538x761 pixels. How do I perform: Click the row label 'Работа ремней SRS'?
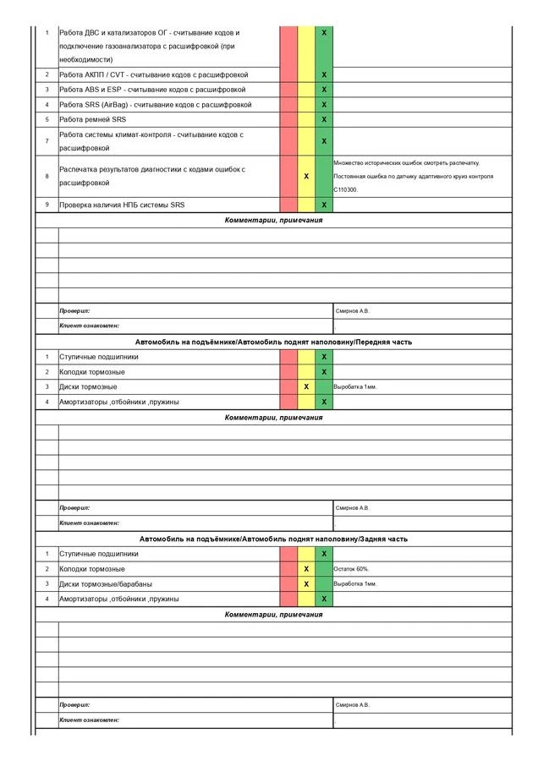92,119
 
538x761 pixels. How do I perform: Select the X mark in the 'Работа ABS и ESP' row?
324,90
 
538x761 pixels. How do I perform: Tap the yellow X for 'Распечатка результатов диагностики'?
306,176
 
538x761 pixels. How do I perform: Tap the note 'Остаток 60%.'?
352,569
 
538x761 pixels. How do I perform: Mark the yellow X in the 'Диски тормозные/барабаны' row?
306,584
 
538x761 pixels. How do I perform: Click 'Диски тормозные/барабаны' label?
106,584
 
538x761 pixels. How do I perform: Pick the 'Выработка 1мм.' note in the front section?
355,386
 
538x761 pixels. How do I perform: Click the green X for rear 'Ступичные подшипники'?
324,554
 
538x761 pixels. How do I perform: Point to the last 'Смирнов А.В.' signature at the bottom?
353,704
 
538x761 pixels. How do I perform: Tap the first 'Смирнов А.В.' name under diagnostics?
353,310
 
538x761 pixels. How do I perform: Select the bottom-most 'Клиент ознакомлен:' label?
89,720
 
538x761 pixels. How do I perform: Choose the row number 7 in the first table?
47,140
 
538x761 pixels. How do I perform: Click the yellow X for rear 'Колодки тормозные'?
306,569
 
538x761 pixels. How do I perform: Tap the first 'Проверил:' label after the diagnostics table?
74,310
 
